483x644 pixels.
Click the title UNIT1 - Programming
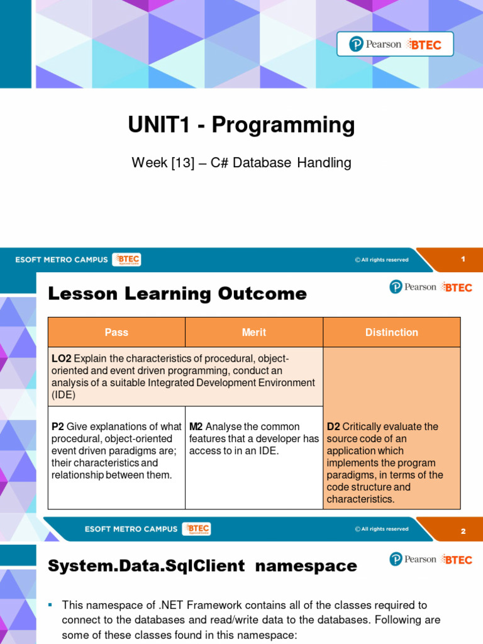(241, 125)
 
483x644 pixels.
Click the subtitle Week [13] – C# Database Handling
(241, 163)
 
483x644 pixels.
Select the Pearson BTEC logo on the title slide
(395, 44)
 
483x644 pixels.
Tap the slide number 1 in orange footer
(463, 259)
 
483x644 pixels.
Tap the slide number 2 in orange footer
(463, 531)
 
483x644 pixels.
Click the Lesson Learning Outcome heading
(177, 294)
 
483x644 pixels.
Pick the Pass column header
(116, 332)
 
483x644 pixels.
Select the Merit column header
(254, 332)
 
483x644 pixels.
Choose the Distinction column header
(391, 332)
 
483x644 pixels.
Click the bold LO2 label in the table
(62, 358)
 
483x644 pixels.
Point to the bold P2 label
(58, 426)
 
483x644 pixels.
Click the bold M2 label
(196, 426)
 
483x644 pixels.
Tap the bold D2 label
(333, 426)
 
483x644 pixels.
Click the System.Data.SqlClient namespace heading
(203, 566)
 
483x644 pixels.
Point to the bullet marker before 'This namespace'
(50, 605)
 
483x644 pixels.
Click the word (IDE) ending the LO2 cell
(64, 395)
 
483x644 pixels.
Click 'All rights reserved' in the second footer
(384, 529)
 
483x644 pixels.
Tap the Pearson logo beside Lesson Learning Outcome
(413, 287)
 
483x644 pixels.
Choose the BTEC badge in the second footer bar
(197, 529)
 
